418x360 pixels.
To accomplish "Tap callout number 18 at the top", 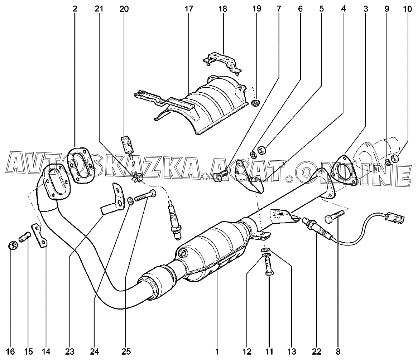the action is click(x=222, y=9).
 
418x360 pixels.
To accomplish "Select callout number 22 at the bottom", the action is click(x=317, y=352).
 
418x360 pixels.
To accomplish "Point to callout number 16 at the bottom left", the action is click(x=11, y=352).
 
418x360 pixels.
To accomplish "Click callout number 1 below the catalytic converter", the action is click(x=217, y=352).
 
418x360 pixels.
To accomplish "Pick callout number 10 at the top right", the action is click(x=407, y=9).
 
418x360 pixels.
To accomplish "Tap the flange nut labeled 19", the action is click(x=256, y=102).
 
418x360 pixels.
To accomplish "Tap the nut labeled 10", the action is click(x=395, y=159).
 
